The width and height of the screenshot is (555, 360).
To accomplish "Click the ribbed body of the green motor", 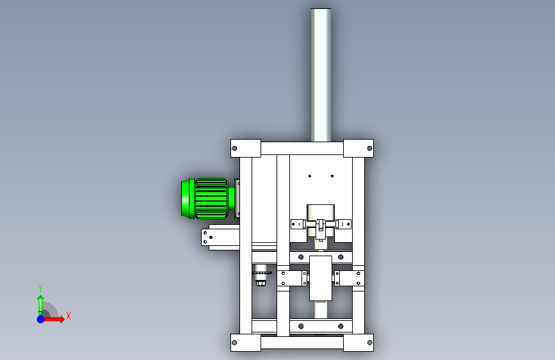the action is click(x=211, y=199).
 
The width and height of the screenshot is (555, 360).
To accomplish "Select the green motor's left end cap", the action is click(x=188, y=199).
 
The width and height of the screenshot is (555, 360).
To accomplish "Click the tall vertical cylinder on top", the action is click(x=321, y=75).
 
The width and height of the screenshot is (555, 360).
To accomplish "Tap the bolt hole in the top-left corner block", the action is click(x=234, y=149).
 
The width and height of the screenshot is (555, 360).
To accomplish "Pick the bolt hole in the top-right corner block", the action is click(x=370, y=149).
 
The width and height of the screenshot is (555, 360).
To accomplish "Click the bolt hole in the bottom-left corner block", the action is click(x=234, y=343).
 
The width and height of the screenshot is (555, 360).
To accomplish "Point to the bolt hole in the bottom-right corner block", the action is click(x=370, y=343).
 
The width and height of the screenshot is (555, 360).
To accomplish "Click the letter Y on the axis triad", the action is click(x=40, y=288).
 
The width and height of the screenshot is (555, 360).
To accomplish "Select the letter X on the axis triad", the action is click(x=68, y=316).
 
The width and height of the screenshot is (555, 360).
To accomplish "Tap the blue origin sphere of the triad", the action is click(x=41, y=319).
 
